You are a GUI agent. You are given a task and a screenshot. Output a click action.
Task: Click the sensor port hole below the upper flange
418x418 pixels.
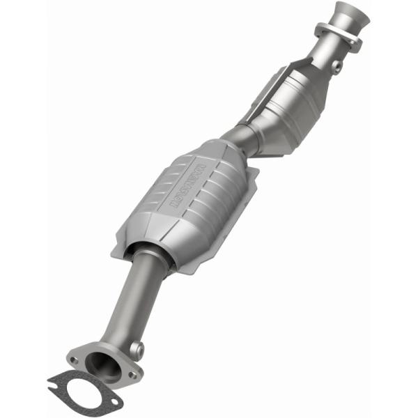(x=337, y=65)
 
